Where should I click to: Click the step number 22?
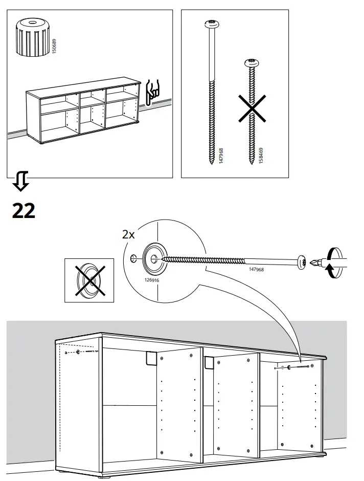[24, 210]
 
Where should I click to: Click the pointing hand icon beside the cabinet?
[153, 91]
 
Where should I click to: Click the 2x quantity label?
[128, 235]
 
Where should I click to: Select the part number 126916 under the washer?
[152, 280]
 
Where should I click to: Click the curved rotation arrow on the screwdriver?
[333, 263]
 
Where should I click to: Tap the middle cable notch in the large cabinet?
[209, 362]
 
